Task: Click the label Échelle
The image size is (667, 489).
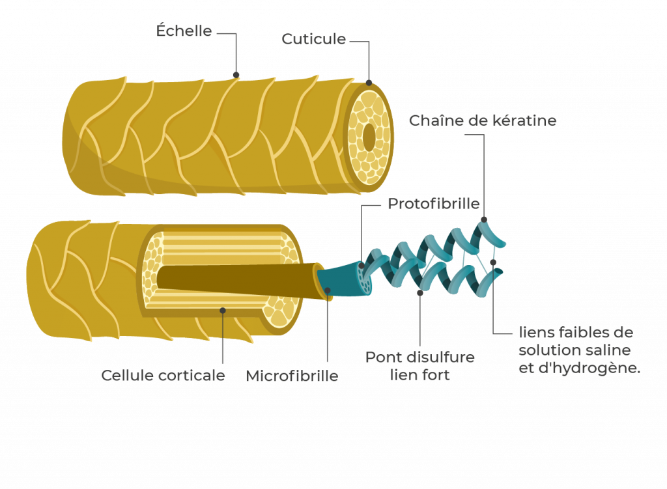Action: coord(184,31)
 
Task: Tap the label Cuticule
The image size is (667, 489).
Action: coord(313,39)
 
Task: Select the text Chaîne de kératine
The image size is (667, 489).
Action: coord(483,121)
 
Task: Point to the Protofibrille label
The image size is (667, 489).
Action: coord(433,204)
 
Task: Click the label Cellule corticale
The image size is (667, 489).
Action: coord(163,376)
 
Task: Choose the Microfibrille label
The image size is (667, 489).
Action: coord(292,376)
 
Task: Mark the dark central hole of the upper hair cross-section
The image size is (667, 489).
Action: coord(369,137)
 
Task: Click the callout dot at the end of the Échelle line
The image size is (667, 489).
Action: coord(236,74)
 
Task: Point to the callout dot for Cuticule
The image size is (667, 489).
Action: coord(369,83)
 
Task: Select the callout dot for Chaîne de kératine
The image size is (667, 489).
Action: coord(483,219)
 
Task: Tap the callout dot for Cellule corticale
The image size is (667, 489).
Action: coord(223,310)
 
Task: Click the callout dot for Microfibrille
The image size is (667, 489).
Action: coord(328,290)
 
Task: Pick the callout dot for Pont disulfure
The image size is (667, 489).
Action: coord(420,292)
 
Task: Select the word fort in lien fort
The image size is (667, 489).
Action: coord(436,375)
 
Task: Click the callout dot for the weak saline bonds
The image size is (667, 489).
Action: coord(493,262)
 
